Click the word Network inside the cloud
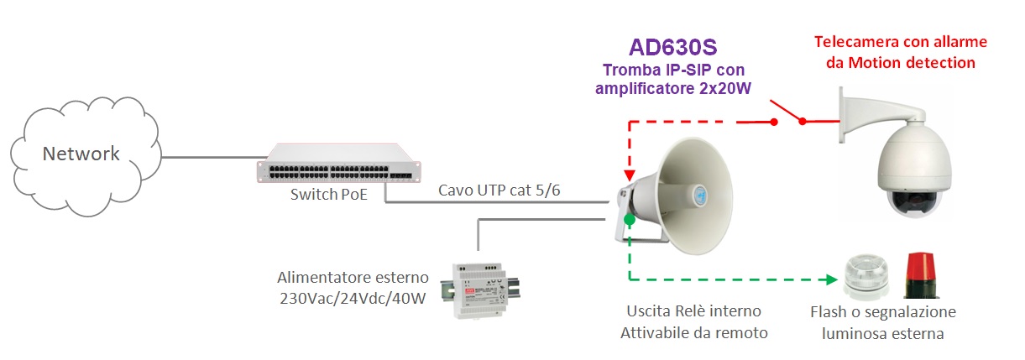(81, 154)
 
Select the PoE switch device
(338, 164)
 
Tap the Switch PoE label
(328, 195)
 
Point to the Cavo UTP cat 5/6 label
(499, 190)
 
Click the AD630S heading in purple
(672, 47)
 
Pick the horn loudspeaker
(675, 196)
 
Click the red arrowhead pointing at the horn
(630, 175)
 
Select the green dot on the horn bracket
(630, 220)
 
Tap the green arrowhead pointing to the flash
(832, 279)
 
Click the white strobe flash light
(866, 276)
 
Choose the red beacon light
(921, 275)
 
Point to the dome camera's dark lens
(915, 201)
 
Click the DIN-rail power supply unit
(480, 290)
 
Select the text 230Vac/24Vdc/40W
(353, 298)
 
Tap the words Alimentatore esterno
(353, 277)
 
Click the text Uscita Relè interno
(693, 311)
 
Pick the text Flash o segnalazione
(882, 312)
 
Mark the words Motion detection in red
(912, 63)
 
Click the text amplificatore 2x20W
(673, 88)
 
